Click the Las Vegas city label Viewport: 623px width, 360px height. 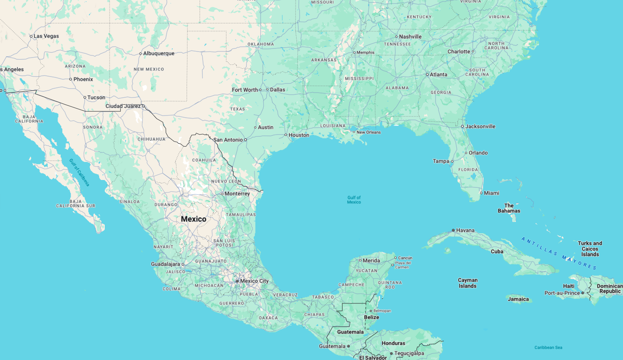[x=46, y=36]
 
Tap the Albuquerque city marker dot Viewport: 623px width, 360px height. [x=140, y=54]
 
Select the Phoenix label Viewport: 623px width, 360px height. [x=83, y=79]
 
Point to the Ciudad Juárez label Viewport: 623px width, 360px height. [x=123, y=106]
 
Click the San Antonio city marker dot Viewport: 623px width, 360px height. [x=245, y=140]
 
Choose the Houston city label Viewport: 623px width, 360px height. [x=299, y=135]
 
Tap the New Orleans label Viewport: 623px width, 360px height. [x=368, y=132]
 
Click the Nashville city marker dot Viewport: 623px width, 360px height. [x=396, y=37]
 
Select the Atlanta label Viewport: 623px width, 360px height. [x=439, y=74]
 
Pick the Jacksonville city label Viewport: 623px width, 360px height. [x=480, y=126]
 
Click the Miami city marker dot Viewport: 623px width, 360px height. [x=481, y=193]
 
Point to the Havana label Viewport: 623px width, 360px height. [x=465, y=230]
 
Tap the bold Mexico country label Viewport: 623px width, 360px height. [x=194, y=219]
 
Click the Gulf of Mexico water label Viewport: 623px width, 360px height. [x=354, y=199]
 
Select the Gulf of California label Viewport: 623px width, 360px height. [x=79, y=172]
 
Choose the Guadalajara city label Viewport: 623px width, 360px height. [x=165, y=264]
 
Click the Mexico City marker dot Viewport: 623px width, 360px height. [x=237, y=281]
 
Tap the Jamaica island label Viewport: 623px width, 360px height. [x=518, y=299]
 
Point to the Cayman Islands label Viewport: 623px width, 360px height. [x=468, y=283]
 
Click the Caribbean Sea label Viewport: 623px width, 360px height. [x=548, y=347]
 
